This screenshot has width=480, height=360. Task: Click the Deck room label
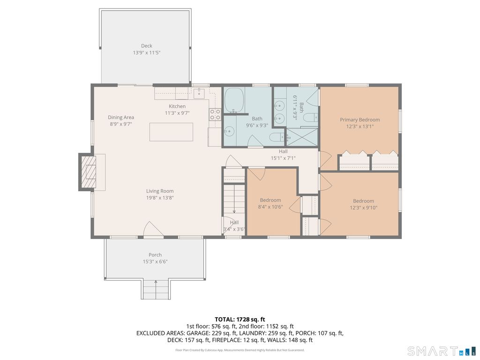coord(147,46)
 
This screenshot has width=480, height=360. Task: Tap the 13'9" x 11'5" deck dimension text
coord(147,52)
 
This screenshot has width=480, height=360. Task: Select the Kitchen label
coord(177,106)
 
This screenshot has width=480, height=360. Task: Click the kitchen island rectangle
coord(171,132)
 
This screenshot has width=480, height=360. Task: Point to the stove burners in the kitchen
coord(215,114)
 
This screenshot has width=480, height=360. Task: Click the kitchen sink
coord(199,93)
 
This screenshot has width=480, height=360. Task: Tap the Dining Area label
coord(121,117)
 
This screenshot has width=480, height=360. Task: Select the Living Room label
coord(160,191)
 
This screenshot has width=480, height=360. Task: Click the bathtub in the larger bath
coord(234,100)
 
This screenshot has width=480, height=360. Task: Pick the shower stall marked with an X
coord(301,137)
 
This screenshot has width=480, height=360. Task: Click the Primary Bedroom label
coord(360,120)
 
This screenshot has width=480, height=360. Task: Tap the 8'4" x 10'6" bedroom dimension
coord(270,207)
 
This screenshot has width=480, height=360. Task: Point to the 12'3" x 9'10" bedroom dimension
coord(364,208)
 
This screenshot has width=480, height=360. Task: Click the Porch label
coord(155,255)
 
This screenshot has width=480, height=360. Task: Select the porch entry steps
coord(156,289)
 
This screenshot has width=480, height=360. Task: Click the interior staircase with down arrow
coord(234,201)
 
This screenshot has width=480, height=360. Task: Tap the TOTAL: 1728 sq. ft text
coord(240,320)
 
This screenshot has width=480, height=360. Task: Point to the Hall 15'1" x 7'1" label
coord(283,155)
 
